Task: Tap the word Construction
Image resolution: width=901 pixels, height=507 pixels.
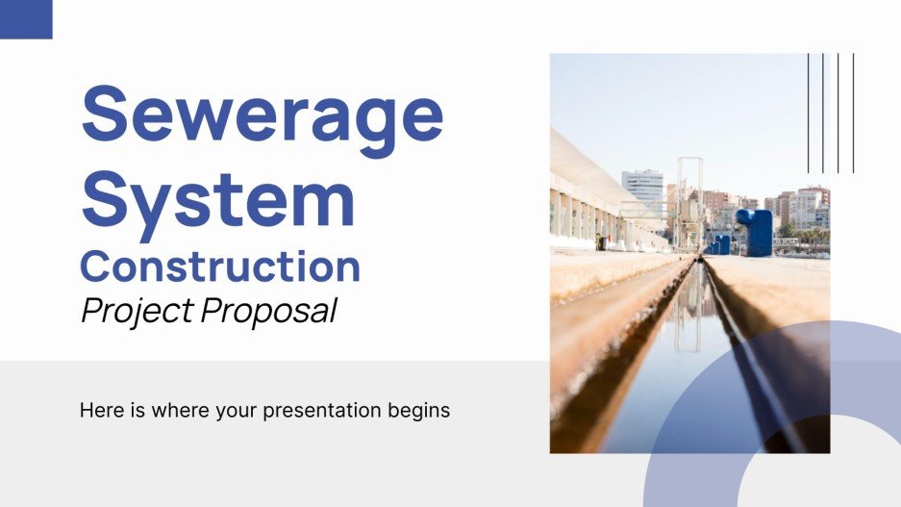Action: coord(220,266)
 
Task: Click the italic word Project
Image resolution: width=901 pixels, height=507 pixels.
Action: coord(135,312)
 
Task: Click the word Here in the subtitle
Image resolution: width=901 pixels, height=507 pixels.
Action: coord(101,410)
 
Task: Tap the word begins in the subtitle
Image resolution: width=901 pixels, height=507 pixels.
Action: coord(421,412)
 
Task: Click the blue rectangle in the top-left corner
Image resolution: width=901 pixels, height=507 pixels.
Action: coord(26,19)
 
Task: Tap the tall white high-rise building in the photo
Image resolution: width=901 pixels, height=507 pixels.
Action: coord(641,191)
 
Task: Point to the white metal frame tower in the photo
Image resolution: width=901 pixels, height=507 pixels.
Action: coord(689,202)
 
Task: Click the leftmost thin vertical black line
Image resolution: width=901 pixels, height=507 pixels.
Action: coord(809,113)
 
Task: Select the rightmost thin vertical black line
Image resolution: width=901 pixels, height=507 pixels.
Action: coord(853,113)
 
